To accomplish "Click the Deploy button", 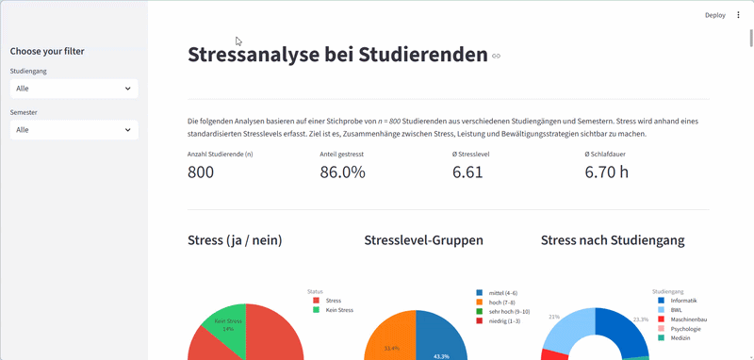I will [714, 15].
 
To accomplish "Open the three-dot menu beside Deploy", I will [738, 15].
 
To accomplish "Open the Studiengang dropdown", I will [74, 88].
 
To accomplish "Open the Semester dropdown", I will [74, 129].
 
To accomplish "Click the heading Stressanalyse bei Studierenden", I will [337, 55].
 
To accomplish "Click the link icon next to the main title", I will [497, 57].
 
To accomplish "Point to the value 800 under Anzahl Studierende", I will [201, 172].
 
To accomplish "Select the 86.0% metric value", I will [342, 172].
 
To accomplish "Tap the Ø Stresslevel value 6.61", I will [467, 172].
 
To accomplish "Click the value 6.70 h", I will [606, 172].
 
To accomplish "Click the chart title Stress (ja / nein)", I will [235, 240].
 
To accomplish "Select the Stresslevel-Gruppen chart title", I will [423, 240].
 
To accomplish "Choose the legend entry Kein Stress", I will [338, 310].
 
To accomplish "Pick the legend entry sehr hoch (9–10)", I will [508, 311].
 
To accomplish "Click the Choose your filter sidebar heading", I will [54, 51].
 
